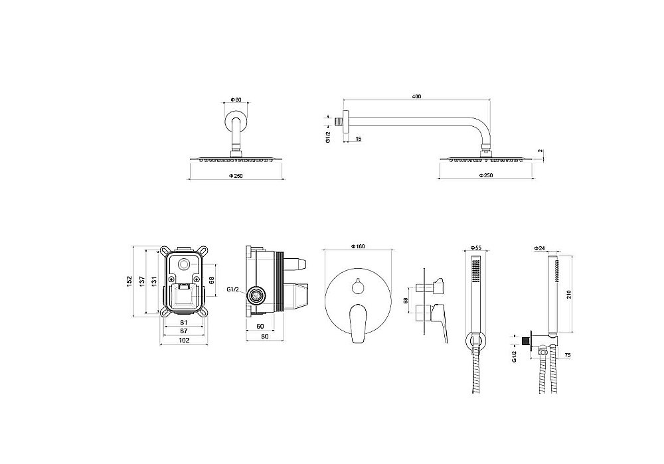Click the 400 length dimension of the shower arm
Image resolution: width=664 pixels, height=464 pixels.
click(416, 96)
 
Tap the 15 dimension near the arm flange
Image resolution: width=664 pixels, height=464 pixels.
click(359, 139)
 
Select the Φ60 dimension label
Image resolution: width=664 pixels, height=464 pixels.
click(236, 100)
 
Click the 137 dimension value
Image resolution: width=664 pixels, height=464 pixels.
click(142, 280)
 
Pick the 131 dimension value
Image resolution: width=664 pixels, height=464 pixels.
click(155, 280)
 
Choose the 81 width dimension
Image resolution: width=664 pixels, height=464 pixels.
click(184, 322)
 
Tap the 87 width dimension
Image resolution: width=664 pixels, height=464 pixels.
click(184, 331)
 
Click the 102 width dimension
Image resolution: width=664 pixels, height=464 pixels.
click(184, 339)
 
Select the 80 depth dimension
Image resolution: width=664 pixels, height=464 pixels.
click(265, 337)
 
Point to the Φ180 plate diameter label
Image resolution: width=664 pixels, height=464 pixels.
click(359, 246)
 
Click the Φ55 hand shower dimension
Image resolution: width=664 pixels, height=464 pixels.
click(476, 248)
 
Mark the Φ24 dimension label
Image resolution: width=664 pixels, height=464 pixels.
click(539, 248)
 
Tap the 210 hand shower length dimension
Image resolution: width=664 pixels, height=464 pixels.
click(569, 295)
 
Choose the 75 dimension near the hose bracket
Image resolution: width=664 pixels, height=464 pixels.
click(568, 356)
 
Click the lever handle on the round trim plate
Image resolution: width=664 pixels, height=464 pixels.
click(358, 323)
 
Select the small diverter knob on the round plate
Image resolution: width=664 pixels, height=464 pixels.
click(358, 287)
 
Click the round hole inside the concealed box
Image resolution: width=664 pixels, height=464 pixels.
click(184, 265)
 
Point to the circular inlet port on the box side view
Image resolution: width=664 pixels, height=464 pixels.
click(256, 295)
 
